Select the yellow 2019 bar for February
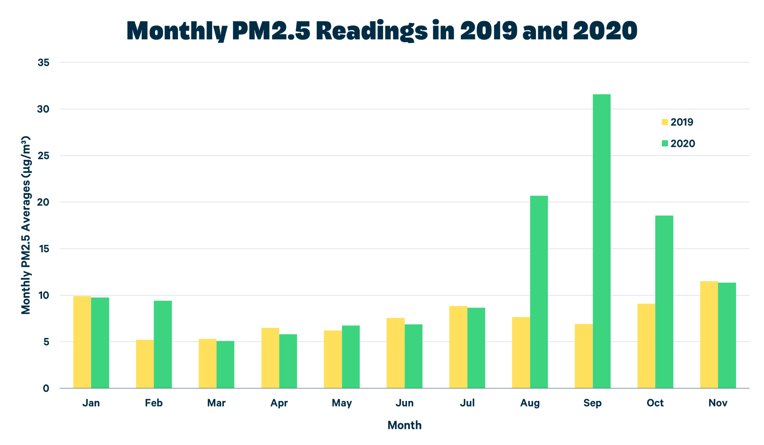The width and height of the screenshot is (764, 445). [145, 364]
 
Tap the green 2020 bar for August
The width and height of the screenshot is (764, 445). [539, 292]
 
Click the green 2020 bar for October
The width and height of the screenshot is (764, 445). [664, 302]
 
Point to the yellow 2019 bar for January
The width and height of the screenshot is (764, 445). [82, 342]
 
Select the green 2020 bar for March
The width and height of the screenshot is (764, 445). [225, 365]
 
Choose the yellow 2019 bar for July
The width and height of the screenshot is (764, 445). [458, 347]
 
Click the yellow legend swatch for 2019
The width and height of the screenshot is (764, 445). [665, 122]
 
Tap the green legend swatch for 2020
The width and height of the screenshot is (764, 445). [665, 144]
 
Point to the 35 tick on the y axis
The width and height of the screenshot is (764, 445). [44, 63]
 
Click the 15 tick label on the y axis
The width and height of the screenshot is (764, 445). [44, 249]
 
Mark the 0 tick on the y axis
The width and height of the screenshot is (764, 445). [46, 388]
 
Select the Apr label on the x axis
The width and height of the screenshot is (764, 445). [279, 403]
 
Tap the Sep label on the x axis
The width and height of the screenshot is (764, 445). [592, 403]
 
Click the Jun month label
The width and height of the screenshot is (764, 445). [404, 403]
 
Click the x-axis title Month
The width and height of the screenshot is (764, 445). [404, 425]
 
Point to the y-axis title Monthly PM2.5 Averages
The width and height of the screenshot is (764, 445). [26, 225]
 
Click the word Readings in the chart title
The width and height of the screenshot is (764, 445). [371, 31]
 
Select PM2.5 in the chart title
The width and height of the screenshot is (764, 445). [271, 31]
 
